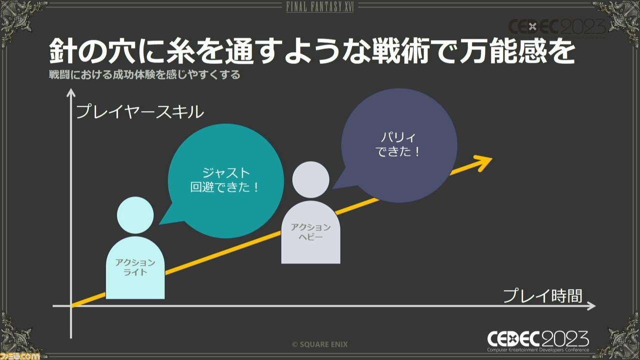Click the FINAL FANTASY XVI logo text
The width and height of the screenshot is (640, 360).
point(320,7)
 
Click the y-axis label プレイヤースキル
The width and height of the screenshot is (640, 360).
point(140,111)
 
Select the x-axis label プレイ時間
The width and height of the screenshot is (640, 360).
point(542,295)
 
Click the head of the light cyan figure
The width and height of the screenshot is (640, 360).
point(135,215)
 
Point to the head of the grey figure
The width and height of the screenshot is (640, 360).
point(310,179)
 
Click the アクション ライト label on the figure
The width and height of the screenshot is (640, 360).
point(135,267)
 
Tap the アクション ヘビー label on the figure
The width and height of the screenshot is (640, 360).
point(310,231)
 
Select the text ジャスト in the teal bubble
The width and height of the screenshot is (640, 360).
point(226,172)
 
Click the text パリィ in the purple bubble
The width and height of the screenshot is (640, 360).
point(398,137)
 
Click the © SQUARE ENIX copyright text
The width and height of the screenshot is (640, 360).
point(319,344)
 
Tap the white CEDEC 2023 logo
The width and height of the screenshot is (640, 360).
point(538,341)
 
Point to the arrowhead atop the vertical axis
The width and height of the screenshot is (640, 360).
point(71,92)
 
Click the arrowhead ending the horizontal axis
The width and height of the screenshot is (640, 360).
point(591,306)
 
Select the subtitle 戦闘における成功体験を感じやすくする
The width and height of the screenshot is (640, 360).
point(144,74)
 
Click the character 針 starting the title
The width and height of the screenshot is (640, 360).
point(63,51)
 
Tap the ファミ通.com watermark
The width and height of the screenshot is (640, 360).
point(19,356)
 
